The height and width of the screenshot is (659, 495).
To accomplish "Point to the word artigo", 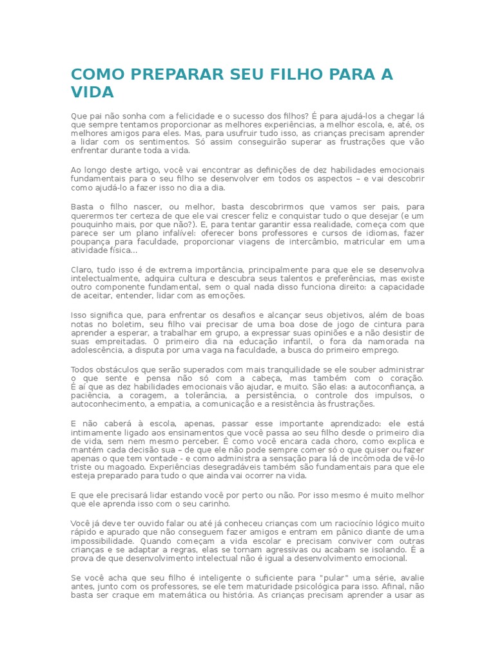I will click(x=137, y=170).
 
